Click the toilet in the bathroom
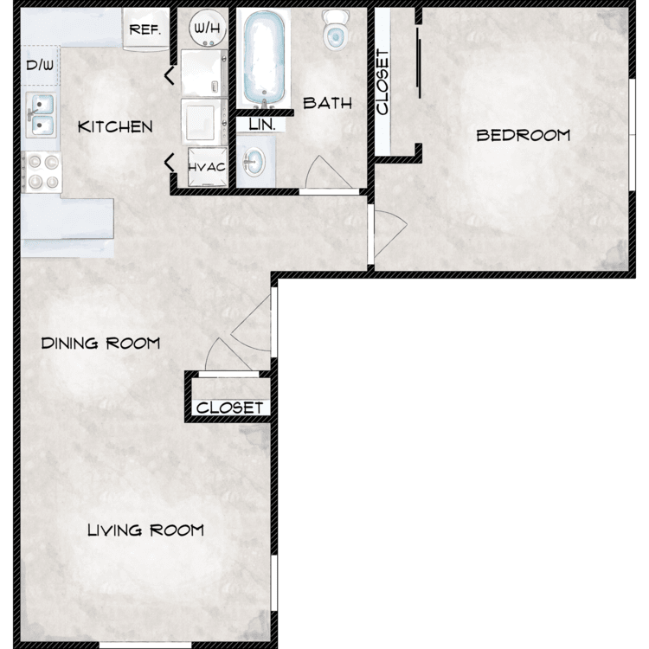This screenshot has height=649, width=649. (336, 29)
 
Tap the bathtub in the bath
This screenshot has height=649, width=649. (264, 58)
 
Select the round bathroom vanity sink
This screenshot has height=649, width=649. (254, 162)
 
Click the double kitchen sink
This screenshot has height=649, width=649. (41, 115)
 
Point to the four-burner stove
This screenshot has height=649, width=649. (42, 172)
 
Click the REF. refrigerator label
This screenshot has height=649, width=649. (145, 29)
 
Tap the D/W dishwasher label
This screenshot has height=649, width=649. (40, 65)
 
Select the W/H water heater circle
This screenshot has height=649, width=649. (208, 29)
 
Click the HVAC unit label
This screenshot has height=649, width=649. (207, 167)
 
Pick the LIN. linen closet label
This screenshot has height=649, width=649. (262, 125)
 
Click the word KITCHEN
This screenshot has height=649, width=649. (115, 127)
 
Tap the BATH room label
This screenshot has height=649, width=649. (327, 103)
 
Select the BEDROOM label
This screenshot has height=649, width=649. (524, 135)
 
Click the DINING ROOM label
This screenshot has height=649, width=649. (100, 344)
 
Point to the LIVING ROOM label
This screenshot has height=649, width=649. (145, 530)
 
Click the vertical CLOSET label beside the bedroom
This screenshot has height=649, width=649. (382, 82)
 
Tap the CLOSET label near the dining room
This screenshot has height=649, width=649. (229, 408)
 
